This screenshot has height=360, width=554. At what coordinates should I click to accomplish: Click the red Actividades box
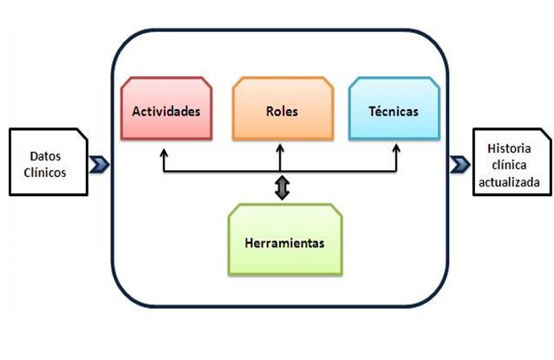point(166,109)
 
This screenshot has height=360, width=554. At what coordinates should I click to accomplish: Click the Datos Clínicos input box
point(48,162)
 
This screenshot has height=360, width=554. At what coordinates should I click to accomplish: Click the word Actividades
point(166,112)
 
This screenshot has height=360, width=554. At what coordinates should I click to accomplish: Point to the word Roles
point(281,112)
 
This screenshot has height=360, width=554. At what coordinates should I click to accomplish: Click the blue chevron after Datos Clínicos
point(99,163)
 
